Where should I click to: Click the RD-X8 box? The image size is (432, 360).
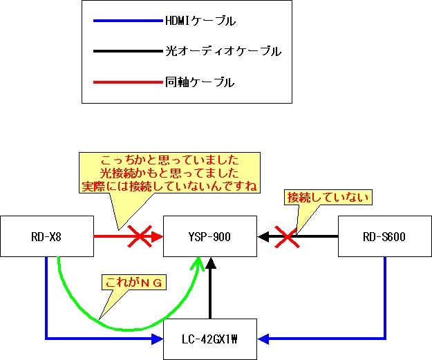coord(46,237)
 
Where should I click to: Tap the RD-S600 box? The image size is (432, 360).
coord(384,237)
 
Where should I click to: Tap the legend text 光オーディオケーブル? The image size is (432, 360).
coord(223,52)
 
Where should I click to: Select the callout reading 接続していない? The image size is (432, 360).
coord(329,198)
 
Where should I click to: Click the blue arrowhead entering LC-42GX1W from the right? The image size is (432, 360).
coord(265,339)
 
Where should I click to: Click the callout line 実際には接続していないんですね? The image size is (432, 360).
coord(169,187)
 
